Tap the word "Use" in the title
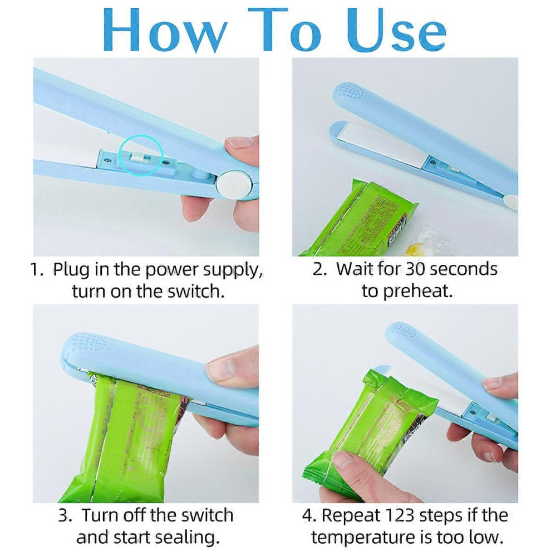coord(396,31)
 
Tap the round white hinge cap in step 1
coord(234,184)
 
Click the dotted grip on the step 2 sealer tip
coord(350,91)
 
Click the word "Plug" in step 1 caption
coord(71,270)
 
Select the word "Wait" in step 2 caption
coord(355,269)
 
